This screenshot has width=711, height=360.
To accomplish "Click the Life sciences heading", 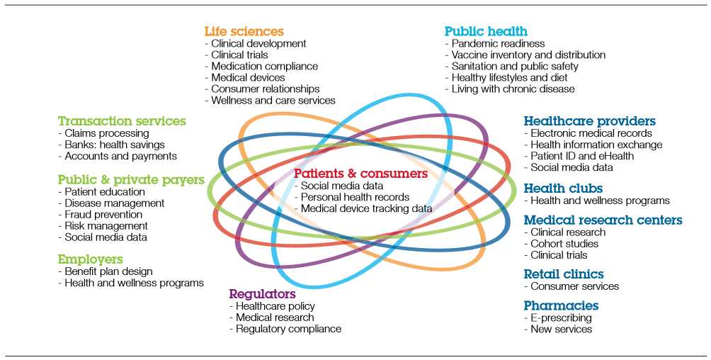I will point(244,31).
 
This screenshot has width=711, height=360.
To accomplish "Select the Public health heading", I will point(486,31).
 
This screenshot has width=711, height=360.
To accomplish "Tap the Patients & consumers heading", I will point(360,174).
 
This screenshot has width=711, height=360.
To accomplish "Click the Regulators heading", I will point(262,293).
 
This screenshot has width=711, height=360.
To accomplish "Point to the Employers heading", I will point(90,259).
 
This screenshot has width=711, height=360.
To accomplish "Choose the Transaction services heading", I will point(122,121).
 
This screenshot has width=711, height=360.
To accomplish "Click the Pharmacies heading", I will point(561,305).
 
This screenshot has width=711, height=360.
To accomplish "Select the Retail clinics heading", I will point(564,274).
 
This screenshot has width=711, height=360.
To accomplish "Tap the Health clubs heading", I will point(563,189).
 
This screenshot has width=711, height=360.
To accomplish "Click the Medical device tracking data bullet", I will point(366,208).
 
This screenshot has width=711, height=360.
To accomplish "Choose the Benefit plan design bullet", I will point(108,271).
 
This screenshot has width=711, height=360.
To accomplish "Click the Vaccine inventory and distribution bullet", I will point(528,55).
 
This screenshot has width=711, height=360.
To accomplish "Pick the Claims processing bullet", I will point(106,133).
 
